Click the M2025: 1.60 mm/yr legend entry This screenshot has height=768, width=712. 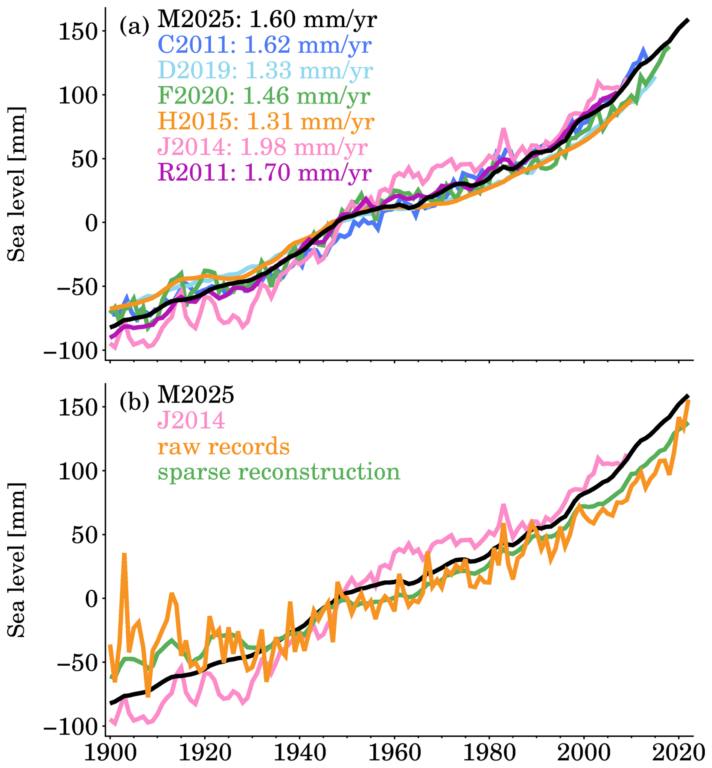pos(267,19)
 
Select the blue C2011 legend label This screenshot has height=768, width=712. pos(265,45)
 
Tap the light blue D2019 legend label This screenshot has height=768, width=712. pos(265,70)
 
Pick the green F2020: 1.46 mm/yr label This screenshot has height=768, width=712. pos(264,96)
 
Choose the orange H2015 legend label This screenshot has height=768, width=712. pos(266,121)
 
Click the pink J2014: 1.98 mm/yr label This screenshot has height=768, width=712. pos(262,147)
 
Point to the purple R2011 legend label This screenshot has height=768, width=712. pos(265,173)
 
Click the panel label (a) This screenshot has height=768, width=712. pos(134,27)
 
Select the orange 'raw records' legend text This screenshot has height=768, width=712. pos(224,446)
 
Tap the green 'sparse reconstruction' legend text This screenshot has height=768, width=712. pos(279,472)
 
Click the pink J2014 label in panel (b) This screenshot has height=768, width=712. pos(191,420)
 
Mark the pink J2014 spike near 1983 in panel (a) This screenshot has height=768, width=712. pos(503,130)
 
